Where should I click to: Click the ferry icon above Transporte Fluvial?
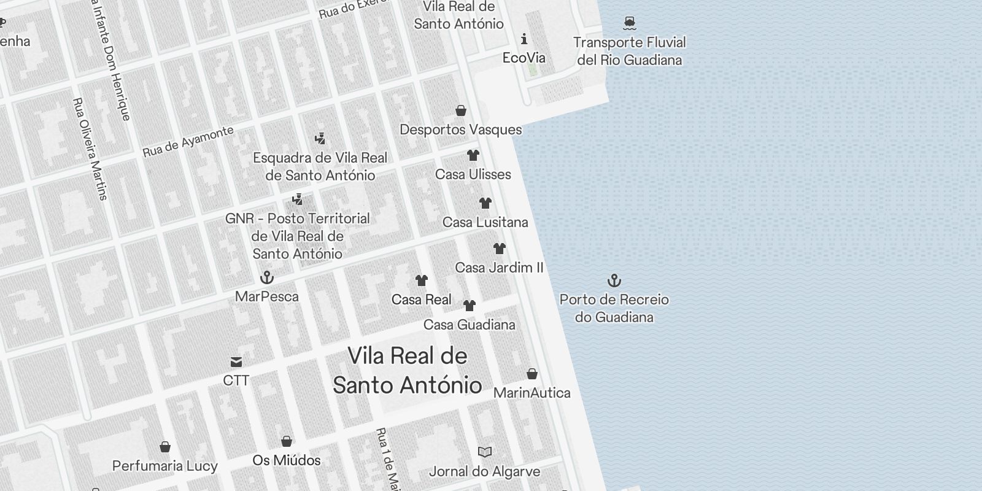pyautogui.click(x=629, y=23)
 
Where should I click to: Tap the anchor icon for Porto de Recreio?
pyautogui.click(x=614, y=280)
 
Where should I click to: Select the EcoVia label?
pyautogui.click(x=524, y=58)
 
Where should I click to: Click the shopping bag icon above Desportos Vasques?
pyautogui.click(x=460, y=110)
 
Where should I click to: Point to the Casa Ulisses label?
pyautogui.click(x=473, y=174)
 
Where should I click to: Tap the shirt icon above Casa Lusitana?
pyautogui.click(x=485, y=203)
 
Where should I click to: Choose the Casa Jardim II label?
pyautogui.click(x=499, y=268)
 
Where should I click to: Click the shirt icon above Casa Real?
pyautogui.click(x=421, y=280)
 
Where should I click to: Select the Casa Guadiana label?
pyautogui.click(x=469, y=325)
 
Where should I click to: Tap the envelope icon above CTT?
pyautogui.click(x=236, y=361)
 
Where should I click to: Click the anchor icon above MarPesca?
pyautogui.click(x=266, y=277)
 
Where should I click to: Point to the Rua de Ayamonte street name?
pyautogui.click(x=188, y=142)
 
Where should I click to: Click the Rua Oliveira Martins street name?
pyautogui.click(x=90, y=149)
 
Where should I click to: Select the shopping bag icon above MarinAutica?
pyautogui.click(x=532, y=374)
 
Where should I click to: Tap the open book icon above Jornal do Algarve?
pyautogui.click(x=484, y=452)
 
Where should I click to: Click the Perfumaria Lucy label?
pyautogui.click(x=164, y=466)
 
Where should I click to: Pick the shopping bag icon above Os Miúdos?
pyautogui.click(x=286, y=441)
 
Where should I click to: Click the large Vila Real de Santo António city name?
pyautogui.click(x=408, y=370)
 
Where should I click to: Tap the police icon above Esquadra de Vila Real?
pyautogui.click(x=319, y=139)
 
